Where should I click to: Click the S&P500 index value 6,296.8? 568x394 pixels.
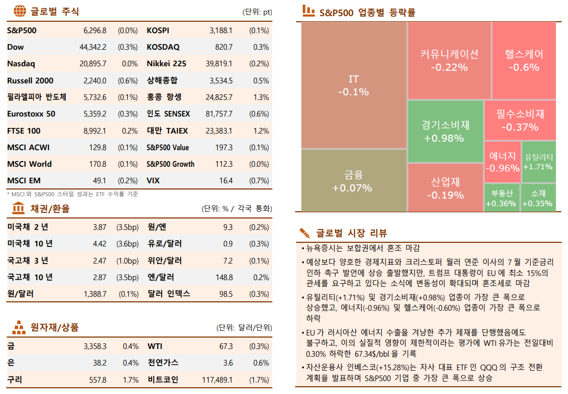tap(94, 31)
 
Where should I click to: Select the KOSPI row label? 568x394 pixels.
tap(158, 31)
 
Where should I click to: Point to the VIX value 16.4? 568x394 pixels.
tap(226, 181)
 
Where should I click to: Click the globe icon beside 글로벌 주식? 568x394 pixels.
tap(19, 11)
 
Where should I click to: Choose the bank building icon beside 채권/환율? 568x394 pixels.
tap(19, 208)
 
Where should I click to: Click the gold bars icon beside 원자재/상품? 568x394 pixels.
tap(19, 327)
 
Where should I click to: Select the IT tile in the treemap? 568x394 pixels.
tap(354, 85)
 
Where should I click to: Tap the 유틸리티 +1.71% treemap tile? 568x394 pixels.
tap(538, 162)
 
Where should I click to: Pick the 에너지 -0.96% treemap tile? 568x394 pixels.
tap(502, 162)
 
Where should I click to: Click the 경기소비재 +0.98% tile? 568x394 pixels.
tap(445, 132)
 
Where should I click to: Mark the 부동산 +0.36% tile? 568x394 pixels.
tap(502, 198)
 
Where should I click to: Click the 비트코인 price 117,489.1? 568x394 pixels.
tap(217, 380)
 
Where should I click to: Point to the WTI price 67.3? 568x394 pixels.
tap(226, 346)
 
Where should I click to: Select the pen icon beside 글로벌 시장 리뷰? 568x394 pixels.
tap(305, 232)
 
